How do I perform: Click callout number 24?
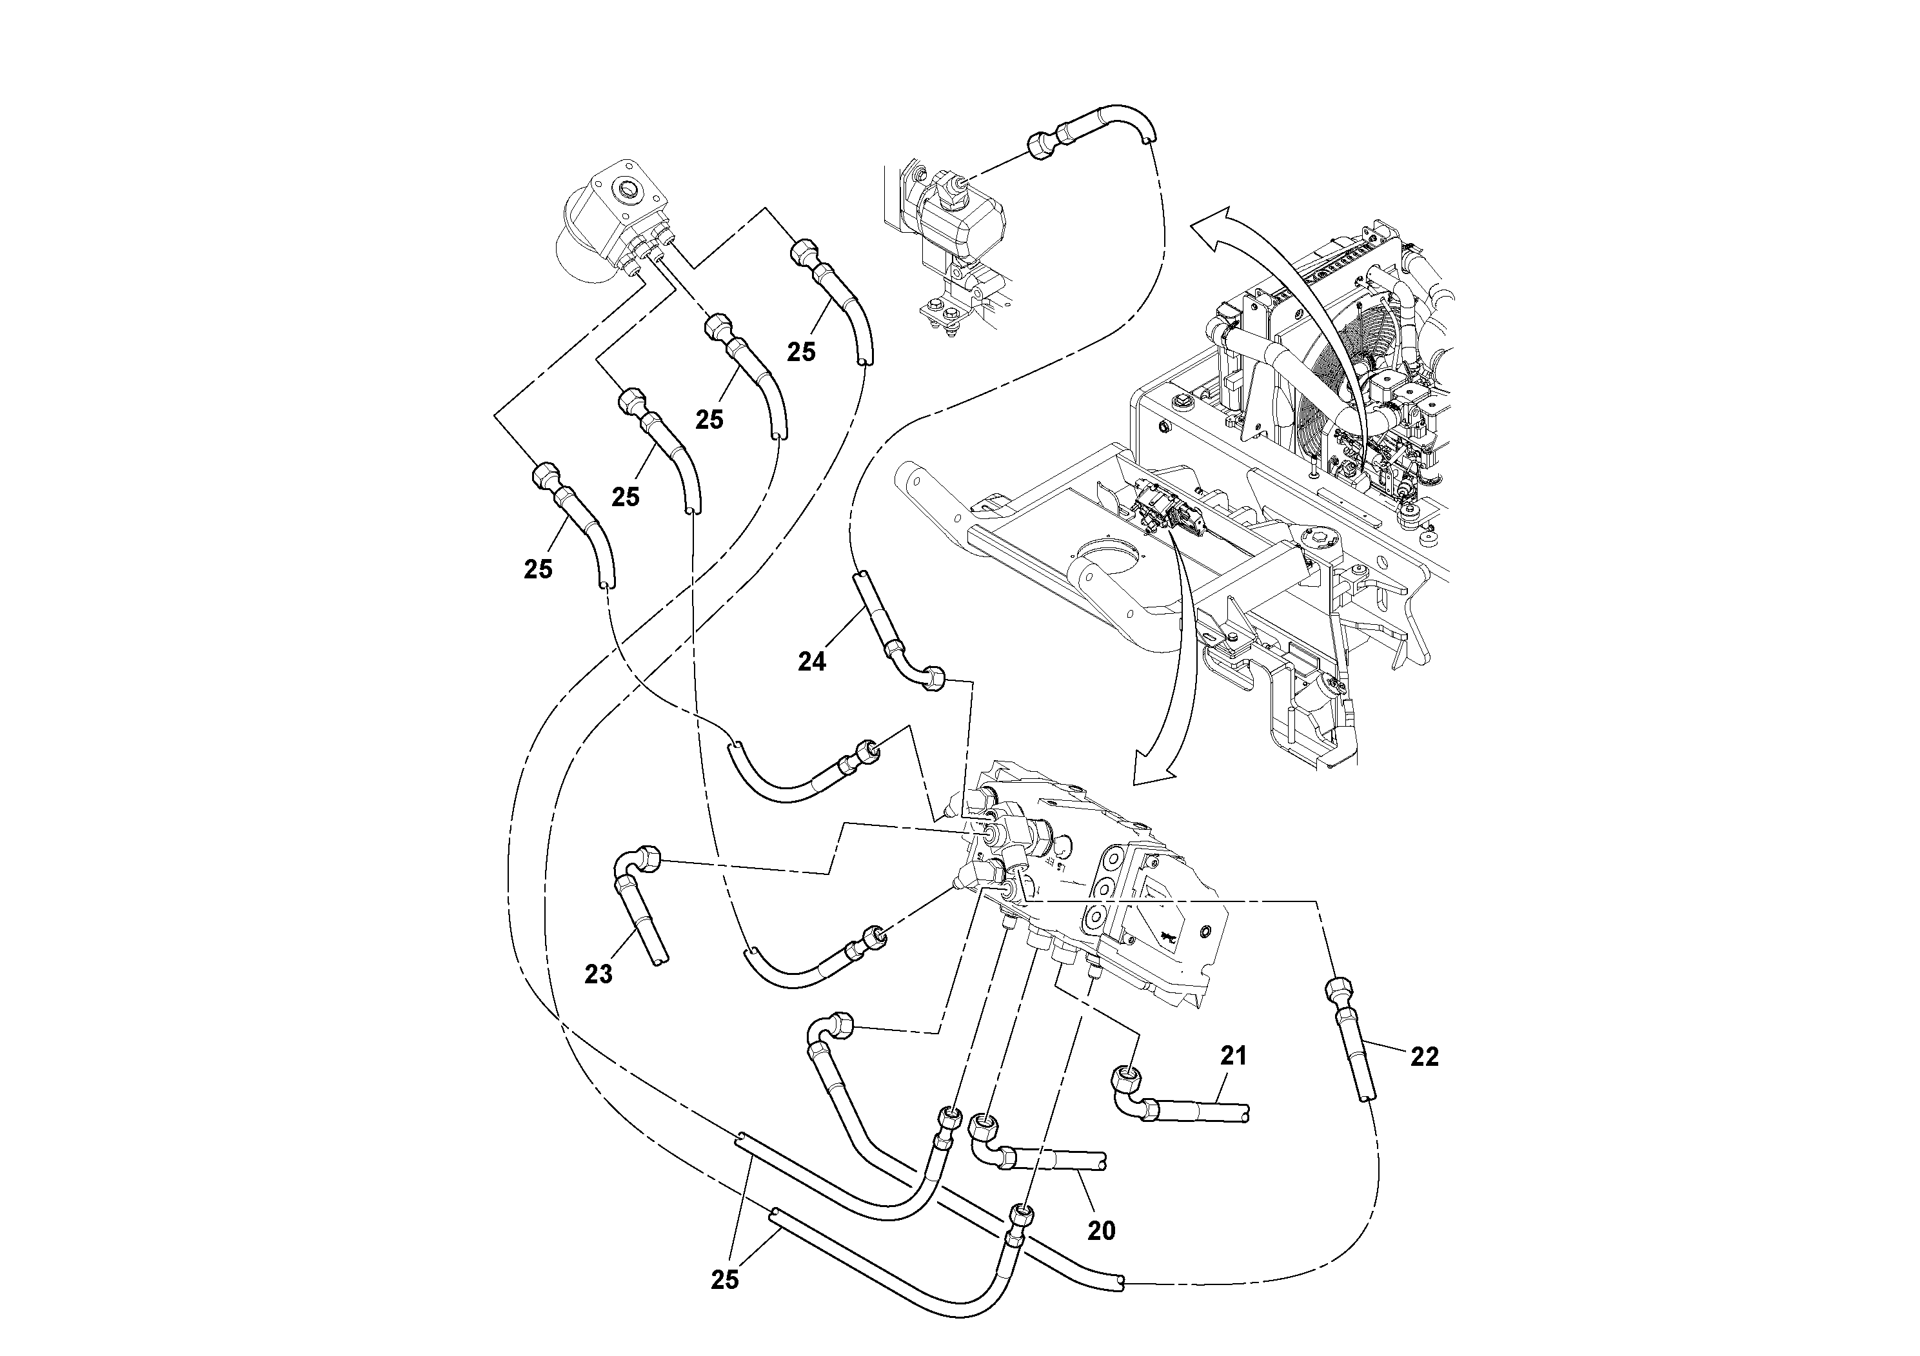tap(811, 662)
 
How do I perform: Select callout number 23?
tap(598, 974)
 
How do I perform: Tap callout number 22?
tap(1424, 1057)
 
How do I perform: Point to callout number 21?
tap(1233, 1056)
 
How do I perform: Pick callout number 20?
tap(1102, 1231)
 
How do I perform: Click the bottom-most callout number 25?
tap(724, 1280)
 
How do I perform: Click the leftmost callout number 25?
tap(538, 569)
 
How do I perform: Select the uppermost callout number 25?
tap(800, 352)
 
